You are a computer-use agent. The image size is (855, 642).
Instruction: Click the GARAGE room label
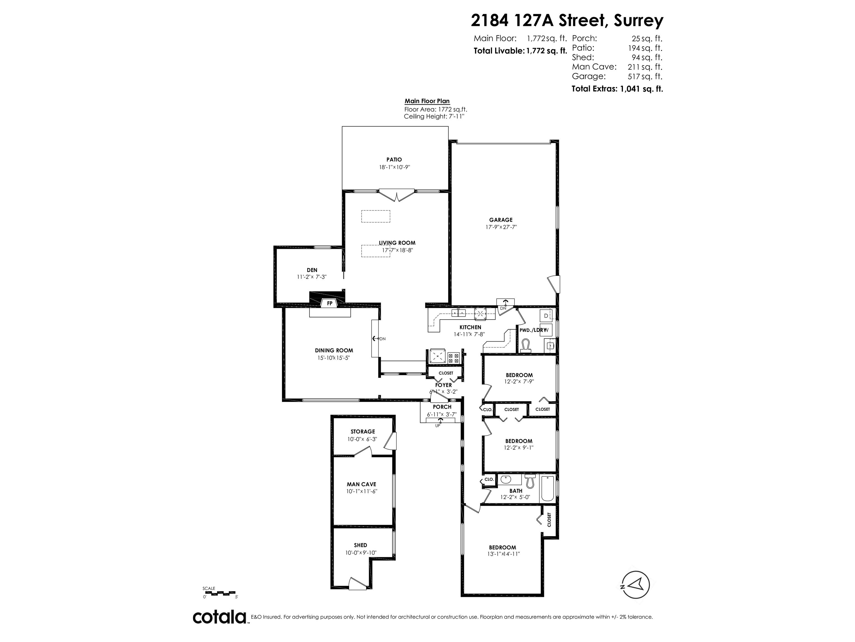[x=501, y=220]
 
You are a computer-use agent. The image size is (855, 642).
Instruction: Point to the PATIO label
[x=394, y=159]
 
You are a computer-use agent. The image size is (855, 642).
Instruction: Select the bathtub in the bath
[x=548, y=489]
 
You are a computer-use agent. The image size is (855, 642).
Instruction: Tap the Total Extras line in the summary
[x=617, y=89]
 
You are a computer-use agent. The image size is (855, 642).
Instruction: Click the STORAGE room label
[x=363, y=431]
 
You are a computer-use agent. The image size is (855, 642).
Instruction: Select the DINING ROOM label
[x=334, y=351]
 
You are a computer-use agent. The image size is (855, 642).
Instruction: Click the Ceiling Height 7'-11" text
[x=434, y=116]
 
